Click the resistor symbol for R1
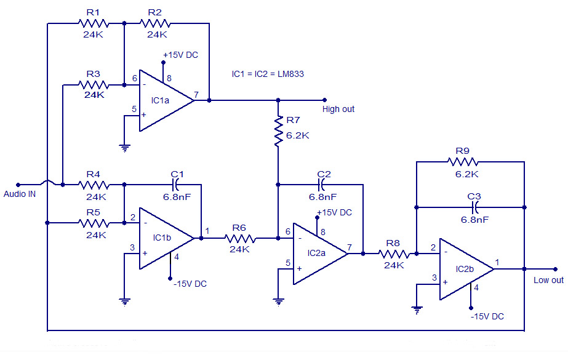click(93, 23)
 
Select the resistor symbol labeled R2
click(154, 23)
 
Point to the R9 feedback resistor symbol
click(463, 162)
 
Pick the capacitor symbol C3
click(474, 207)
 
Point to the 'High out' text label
click(338, 110)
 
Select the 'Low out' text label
click(548, 280)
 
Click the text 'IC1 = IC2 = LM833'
click(268, 74)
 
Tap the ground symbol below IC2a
click(279, 301)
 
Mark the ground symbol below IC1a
click(124, 148)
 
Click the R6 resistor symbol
click(239, 238)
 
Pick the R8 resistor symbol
click(393, 253)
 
